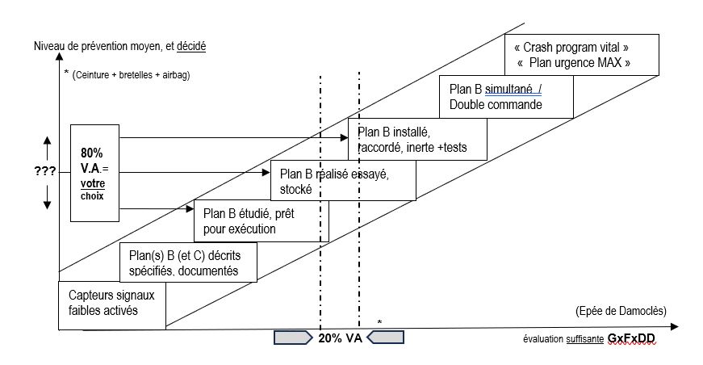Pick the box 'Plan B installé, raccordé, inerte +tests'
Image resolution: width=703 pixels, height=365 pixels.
[417, 140]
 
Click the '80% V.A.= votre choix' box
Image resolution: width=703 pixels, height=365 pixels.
[94, 172]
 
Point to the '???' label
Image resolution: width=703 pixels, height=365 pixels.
[46, 172]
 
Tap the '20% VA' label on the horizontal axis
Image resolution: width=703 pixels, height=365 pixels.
[340, 338]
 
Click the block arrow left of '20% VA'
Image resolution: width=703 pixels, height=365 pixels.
[294, 338]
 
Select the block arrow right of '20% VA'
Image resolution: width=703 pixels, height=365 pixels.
[386, 338]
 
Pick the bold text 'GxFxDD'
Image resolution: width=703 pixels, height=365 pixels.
[633, 338]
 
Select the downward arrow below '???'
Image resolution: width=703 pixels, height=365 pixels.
[47, 197]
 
